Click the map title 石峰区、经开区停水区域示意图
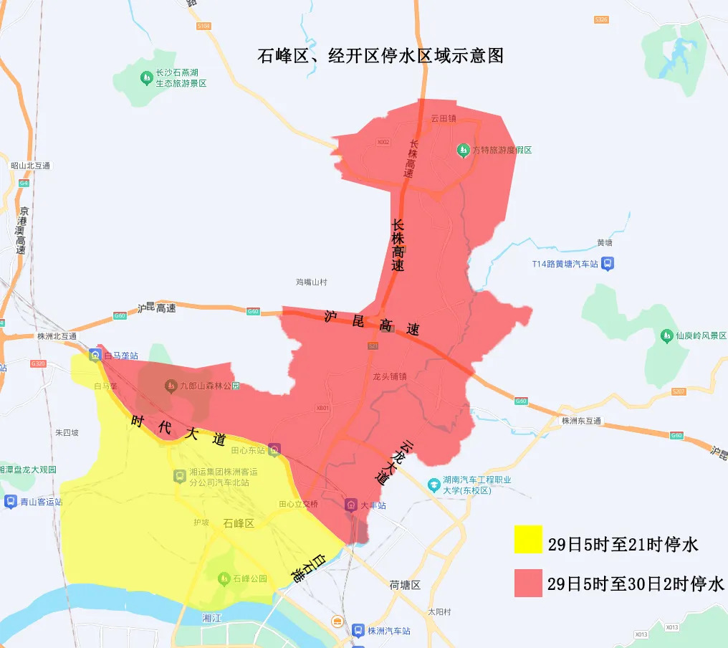click(380, 56)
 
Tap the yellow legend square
click(528, 539)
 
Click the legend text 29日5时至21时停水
click(623, 544)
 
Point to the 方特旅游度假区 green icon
click(463, 150)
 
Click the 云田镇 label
click(444, 119)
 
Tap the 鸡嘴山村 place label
click(311, 282)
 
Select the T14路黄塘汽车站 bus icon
click(607, 264)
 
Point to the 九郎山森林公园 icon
click(171, 386)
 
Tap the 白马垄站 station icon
click(95, 355)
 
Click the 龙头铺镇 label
click(390, 376)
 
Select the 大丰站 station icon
click(351, 505)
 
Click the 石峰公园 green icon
click(224, 578)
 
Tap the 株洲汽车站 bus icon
click(358, 631)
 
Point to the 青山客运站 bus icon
click(10, 502)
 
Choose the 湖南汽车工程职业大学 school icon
click(434, 485)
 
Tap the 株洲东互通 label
click(580, 421)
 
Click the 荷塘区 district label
click(405, 584)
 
